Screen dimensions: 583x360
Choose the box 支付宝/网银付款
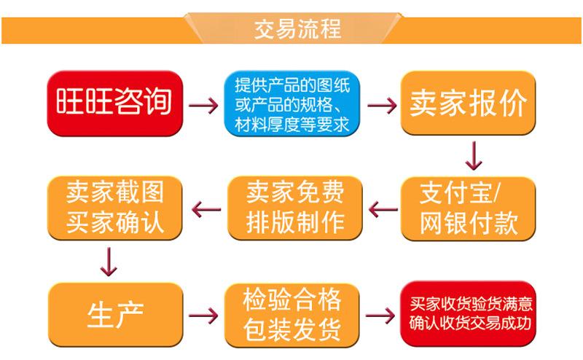[x=469, y=208]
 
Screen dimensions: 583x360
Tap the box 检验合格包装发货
[x=291, y=314]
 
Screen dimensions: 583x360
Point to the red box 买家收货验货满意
[x=471, y=314]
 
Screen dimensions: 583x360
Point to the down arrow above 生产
[x=109, y=261]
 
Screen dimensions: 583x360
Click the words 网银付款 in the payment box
[x=469, y=223]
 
